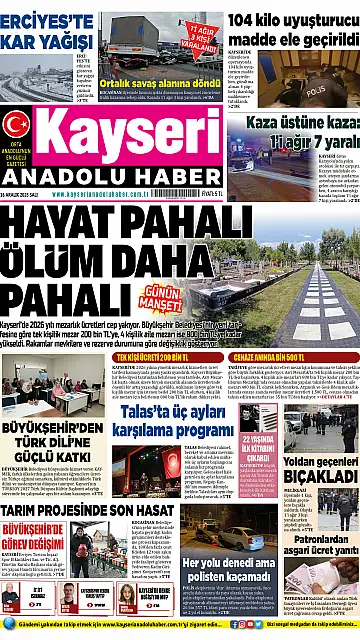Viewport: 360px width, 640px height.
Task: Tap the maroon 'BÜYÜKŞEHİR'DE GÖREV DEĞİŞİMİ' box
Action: point(38,536)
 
